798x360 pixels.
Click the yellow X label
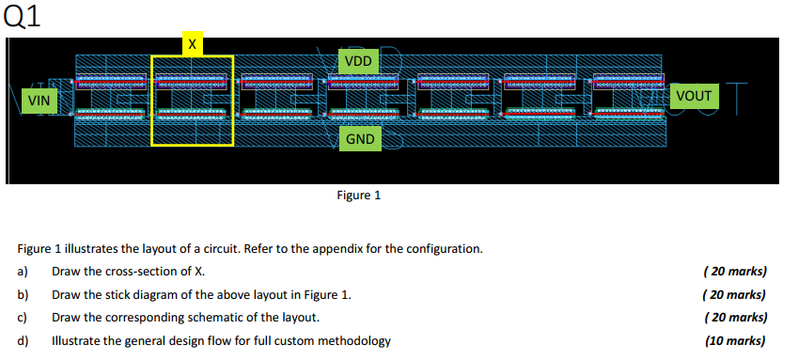point(193,44)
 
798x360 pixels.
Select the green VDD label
point(358,61)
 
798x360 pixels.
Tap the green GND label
point(360,139)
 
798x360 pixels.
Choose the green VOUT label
point(693,95)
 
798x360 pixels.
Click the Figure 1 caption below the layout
point(358,196)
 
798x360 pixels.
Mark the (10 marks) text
point(735,340)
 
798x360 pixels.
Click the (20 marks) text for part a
point(735,272)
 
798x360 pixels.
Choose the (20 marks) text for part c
point(735,317)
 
